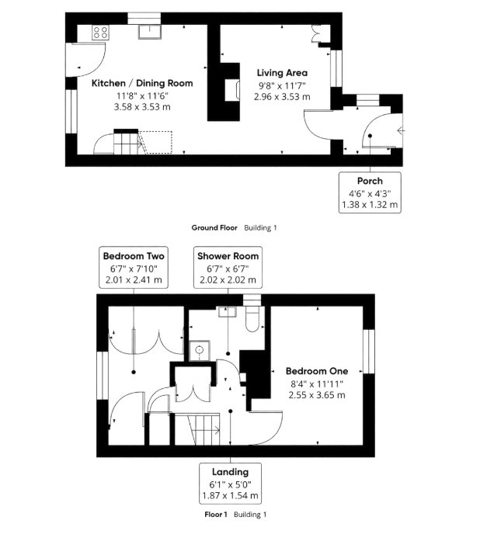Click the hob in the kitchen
click(x=100, y=33)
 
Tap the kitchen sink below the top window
click(x=150, y=32)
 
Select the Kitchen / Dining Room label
click(x=142, y=83)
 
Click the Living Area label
click(x=282, y=73)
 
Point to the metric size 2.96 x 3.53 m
click(x=282, y=96)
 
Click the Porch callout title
click(x=370, y=181)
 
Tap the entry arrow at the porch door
click(x=401, y=131)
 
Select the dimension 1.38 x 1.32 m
click(x=370, y=205)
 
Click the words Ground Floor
click(x=214, y=227)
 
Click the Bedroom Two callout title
click(x=134, y=256)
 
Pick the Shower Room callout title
click(x=228, y=256)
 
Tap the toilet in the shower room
click(x=252, y=318)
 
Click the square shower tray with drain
click(x=200, y=350)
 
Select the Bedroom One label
click(x=317, y=371)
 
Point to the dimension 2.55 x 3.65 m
click(x=317, y=395)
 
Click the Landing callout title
click(x=230, y=472)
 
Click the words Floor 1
click(x=216, y=515)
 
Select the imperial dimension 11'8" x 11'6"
click(x=142, y=95)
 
